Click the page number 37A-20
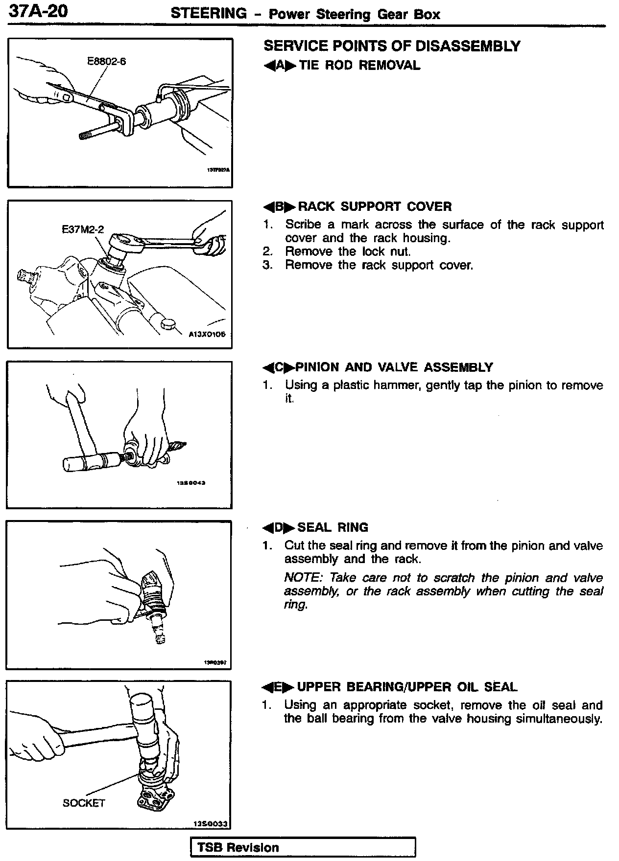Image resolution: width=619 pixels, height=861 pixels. [38, 11]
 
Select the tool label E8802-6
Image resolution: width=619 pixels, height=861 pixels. [106, 62]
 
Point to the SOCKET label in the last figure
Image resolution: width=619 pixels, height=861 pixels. [84, 802]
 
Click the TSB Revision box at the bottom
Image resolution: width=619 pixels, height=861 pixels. [303, 847]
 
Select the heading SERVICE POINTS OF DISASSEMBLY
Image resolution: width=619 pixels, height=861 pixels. [392, 46]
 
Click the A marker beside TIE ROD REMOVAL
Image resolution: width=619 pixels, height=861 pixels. [280, 66]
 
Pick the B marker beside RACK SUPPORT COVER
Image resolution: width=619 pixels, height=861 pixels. [279, 207]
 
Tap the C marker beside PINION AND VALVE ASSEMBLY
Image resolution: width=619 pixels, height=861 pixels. [279, 367]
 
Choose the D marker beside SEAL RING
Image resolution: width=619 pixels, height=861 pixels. [279, 528]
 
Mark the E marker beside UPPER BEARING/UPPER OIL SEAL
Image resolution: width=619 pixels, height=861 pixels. [279, 687]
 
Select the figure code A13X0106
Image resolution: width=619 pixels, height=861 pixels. [207, 335]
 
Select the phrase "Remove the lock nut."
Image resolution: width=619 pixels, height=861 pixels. [348, 251]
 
